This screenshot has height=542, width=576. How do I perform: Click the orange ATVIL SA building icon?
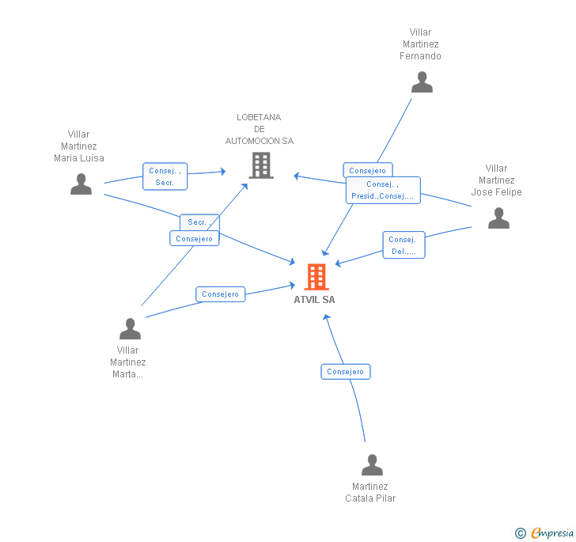(316, 277)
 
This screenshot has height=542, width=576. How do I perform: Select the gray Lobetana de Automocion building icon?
(260, 165)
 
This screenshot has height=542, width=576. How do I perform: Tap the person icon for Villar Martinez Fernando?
(422, 82)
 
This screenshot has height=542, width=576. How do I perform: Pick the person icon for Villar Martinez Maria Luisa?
(81, 184)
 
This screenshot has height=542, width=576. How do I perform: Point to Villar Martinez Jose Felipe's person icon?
(498, 218)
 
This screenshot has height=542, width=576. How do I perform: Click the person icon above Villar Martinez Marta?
(130, 328)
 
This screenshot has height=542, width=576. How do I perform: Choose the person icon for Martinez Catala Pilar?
(372, 464)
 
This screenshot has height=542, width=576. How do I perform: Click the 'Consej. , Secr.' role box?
(165, 176)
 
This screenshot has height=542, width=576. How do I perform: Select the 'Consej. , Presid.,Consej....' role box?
(383, 190)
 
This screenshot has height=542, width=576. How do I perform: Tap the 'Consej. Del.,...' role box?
(404, 245)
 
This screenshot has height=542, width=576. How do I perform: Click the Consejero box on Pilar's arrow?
(346, 372)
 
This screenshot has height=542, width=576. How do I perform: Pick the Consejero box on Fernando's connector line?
(367, 170)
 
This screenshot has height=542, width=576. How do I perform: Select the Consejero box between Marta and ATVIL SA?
(220, 294)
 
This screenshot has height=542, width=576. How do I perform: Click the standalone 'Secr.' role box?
(198, 222)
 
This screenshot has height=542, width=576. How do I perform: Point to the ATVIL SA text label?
(314, 300)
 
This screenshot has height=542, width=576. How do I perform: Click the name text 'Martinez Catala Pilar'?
(370, 492)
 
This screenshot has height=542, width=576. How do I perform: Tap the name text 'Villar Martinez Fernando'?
(420, 44)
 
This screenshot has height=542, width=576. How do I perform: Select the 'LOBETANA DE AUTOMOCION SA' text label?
(259, 129)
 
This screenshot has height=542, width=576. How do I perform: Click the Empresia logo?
(552, 533)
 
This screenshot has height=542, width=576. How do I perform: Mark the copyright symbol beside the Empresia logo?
(521, 533)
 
